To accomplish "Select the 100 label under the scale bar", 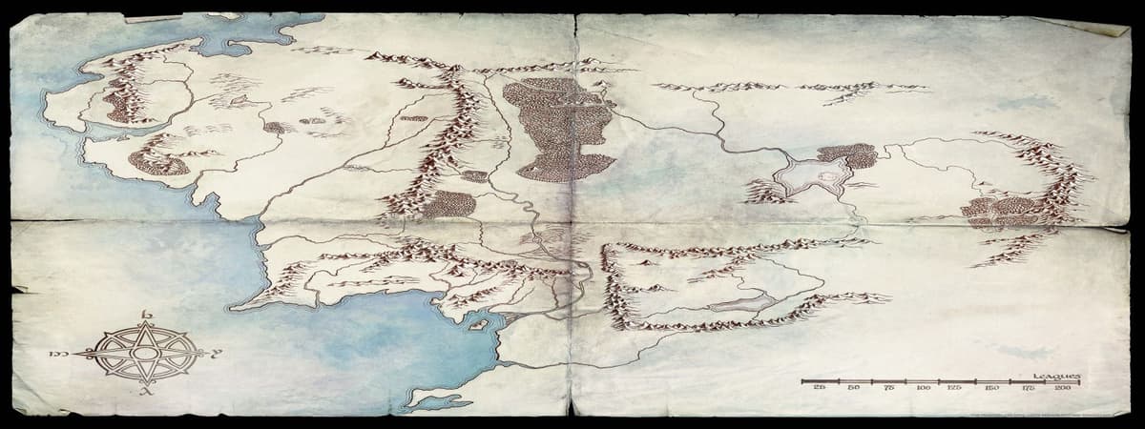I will pos(922,389).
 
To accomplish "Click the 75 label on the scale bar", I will pos(887,389).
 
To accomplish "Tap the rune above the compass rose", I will pos(146,316).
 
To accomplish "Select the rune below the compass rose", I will pos(146,391).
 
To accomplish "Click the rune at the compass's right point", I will pos(218,354).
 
